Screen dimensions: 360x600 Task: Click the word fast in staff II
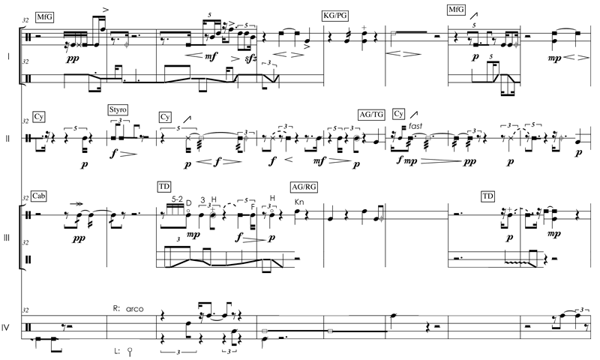point(417,127)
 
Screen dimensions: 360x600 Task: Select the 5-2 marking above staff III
point(177,199)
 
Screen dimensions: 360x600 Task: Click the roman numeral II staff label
point(7,138)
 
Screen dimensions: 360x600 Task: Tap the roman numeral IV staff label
point(7,327)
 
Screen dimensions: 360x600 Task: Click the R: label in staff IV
point(116,307)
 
